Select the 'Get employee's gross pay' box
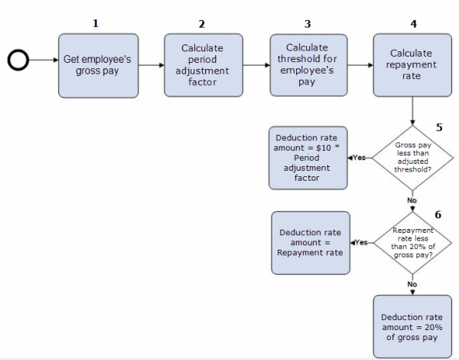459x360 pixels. click(98, 65)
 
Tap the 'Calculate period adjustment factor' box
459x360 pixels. click(203, 64)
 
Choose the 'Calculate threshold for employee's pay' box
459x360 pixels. click(308, 64)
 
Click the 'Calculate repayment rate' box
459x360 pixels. click(412, 64)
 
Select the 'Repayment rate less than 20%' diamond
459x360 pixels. click(412, 243)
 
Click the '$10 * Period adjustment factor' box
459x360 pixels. click(308, 158)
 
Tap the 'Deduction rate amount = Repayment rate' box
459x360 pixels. click(310, 243)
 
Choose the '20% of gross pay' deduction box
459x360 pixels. click(412, 326)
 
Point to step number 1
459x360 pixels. click(96, 23)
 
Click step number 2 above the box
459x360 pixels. click(202, 23)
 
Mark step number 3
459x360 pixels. click(308, 23)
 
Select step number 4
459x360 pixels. click(413, 23)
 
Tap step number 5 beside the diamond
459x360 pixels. click(439, 127)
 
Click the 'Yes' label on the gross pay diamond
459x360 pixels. click(359, 158)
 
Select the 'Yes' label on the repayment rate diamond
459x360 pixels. click(361, 243)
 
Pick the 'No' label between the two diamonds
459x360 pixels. click(412, 201)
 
